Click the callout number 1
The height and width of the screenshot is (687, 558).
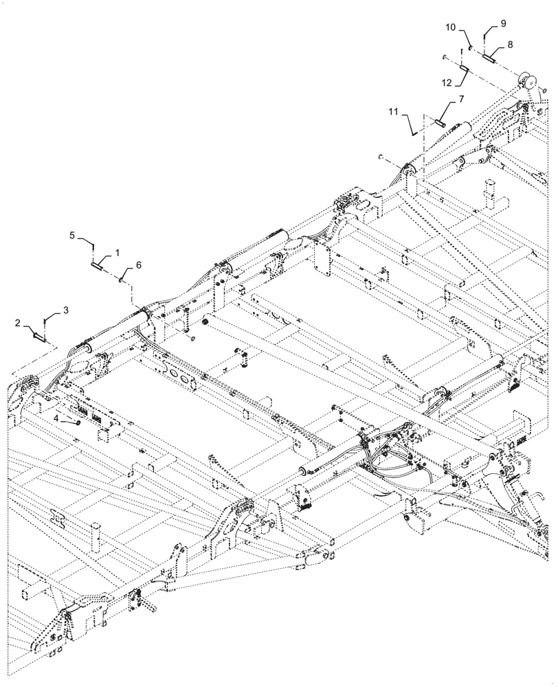[x=118, y=253]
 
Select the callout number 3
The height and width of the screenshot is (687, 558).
[x=66, y=311]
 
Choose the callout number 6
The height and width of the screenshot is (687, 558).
[x=139, y=265]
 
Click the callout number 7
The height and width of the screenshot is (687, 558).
[x=460, y=98]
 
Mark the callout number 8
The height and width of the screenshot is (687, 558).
[x=510, y=43]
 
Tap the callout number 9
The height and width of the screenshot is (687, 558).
[x=503, y=23]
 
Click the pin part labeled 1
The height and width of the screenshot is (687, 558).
[x=100, y=260]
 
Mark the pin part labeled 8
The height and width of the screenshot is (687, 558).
[x=489, y=58]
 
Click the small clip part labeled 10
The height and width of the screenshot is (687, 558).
[x=471, y=47]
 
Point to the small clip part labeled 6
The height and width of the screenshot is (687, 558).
[x=122, y=278]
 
